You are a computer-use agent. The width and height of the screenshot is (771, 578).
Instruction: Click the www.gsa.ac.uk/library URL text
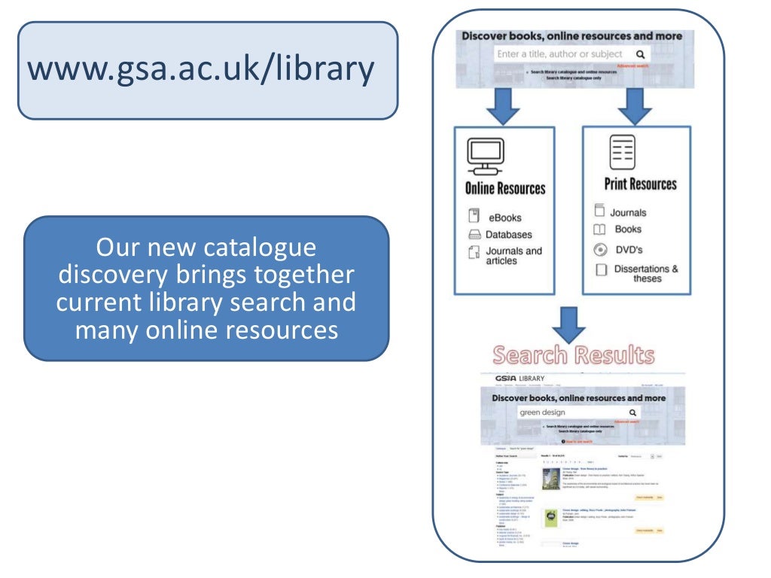201,69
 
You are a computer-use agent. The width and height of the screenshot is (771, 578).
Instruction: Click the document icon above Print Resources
623,153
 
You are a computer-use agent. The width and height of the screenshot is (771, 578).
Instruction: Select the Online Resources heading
504,188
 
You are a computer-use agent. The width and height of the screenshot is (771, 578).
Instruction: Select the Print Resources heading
640,184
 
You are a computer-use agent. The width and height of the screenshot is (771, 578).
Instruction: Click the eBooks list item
504,218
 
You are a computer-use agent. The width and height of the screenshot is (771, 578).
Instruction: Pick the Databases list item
508,235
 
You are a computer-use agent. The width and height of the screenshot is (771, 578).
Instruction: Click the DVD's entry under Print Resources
628,250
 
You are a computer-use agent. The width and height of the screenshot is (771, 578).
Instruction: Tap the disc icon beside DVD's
600,250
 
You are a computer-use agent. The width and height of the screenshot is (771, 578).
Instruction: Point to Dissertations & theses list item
646,273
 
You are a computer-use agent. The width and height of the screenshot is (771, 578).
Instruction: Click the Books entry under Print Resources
628,229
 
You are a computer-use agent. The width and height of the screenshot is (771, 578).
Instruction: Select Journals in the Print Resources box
628,213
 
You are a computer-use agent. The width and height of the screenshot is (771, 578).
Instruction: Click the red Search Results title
574,355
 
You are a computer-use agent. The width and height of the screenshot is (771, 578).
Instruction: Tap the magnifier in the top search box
640,54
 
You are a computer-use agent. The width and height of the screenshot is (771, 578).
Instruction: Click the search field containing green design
572,412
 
